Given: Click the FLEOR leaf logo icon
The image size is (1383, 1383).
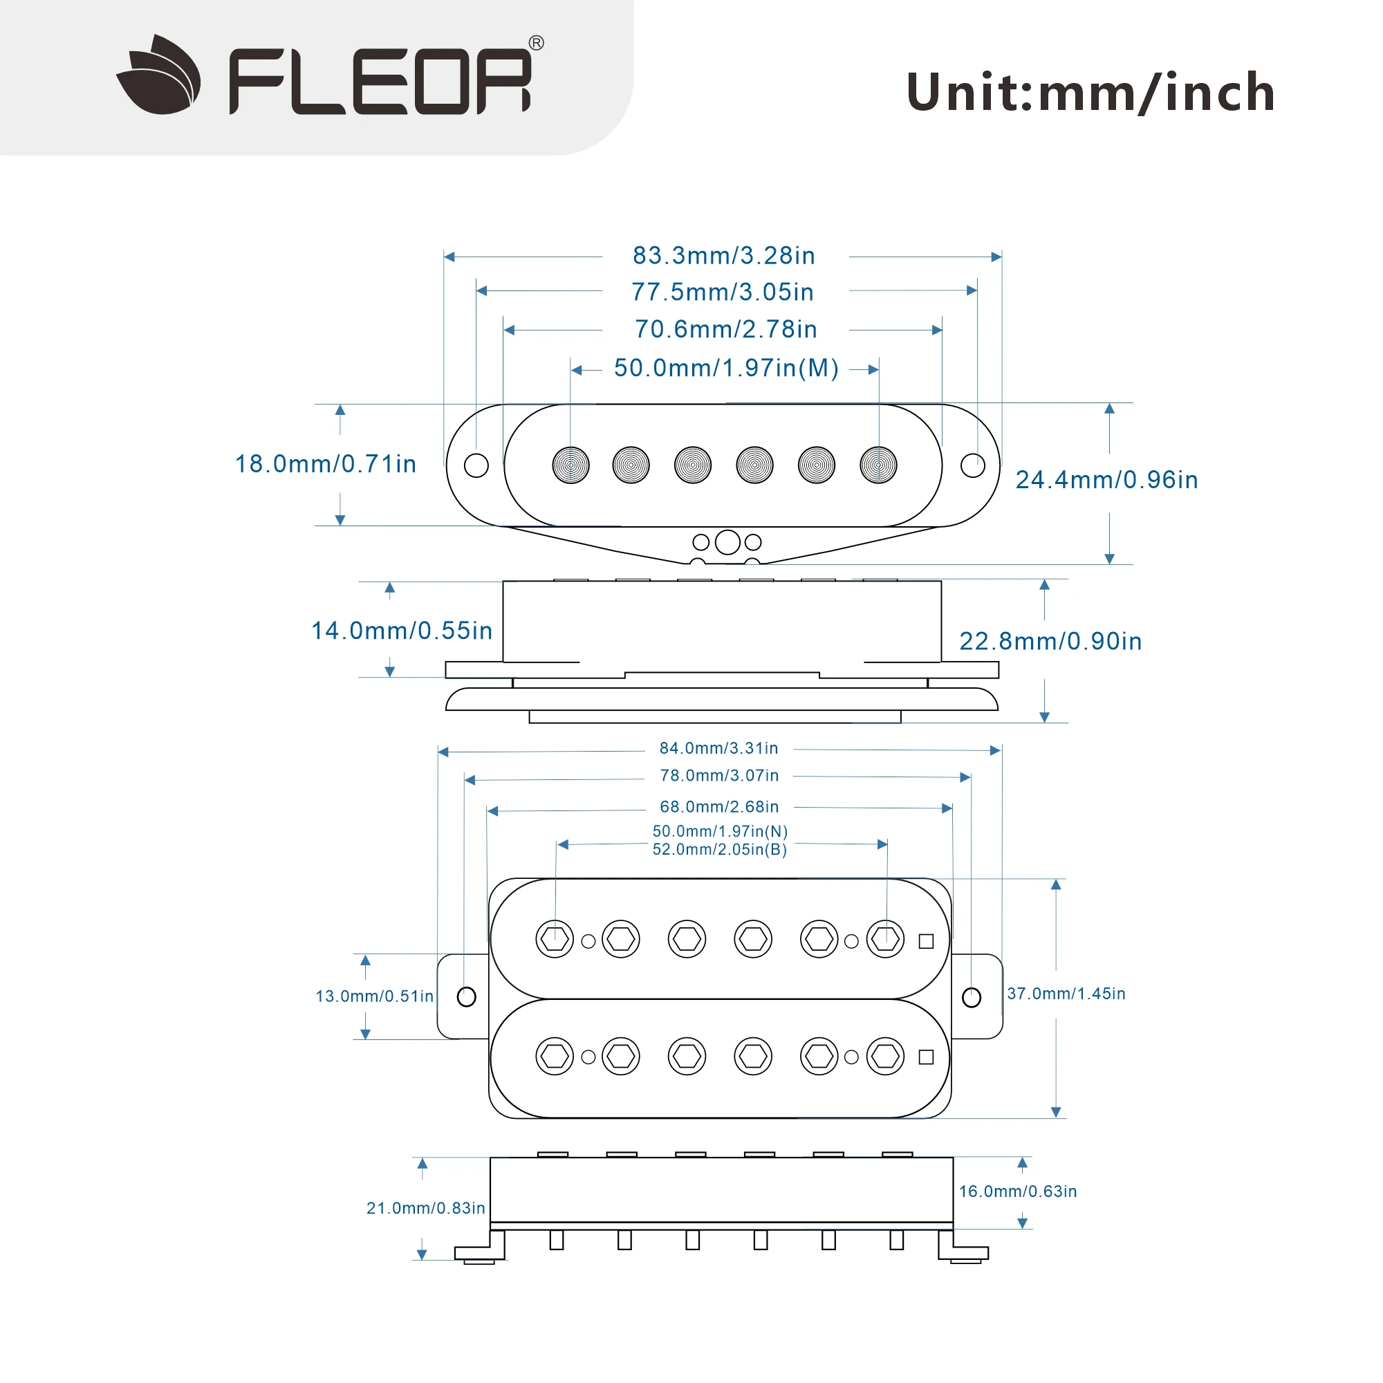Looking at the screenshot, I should (159, 75).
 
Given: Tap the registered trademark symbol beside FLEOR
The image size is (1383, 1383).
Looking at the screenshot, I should (536, 43).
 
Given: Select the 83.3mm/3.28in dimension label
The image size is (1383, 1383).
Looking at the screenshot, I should (724, 256).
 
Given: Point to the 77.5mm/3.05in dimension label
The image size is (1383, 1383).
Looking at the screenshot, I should (723, 292).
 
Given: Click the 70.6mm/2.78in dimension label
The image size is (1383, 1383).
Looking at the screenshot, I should (725, 329).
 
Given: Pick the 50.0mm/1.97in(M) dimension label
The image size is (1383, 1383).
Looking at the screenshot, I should (726, 368).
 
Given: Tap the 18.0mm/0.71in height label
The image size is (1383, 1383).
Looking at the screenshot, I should (326, 464).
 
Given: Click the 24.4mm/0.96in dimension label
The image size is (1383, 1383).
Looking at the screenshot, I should (1106, 480).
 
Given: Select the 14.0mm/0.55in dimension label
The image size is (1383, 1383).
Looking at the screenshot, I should (402, 631).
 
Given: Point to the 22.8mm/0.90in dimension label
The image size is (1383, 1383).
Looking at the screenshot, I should (1050, 642).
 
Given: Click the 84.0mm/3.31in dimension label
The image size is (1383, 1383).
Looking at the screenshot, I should (718, 748).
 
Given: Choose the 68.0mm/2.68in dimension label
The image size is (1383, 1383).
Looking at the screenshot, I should (718, 807).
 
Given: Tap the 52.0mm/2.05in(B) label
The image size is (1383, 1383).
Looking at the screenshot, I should (719, 850).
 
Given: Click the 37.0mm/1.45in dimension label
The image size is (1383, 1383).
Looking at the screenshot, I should (1066, 994).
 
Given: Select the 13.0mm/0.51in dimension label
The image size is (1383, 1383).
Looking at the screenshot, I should (374, 996).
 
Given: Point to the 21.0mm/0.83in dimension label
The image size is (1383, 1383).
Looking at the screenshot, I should (425, 1208).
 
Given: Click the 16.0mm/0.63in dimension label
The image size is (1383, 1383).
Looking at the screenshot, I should (1017, 1191).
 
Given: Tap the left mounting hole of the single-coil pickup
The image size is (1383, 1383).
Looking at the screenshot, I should (476, 465).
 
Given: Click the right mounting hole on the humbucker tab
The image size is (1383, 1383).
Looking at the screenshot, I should (972, 997).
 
